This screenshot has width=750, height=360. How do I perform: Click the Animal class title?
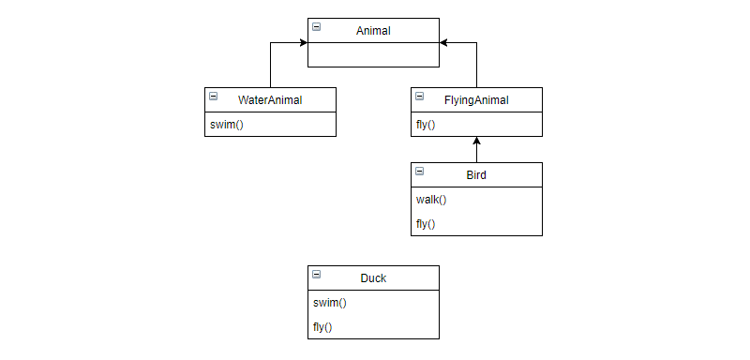373,31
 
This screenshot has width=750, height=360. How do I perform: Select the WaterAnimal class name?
270,100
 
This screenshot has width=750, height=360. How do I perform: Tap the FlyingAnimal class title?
476,100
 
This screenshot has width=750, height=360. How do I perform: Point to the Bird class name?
476,175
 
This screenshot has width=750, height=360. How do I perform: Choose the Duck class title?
373,278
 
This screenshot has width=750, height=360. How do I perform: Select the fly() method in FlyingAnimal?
426,125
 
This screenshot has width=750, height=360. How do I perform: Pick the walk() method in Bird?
431,200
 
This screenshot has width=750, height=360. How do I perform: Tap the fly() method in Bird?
426,224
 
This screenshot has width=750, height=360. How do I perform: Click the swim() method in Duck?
330,303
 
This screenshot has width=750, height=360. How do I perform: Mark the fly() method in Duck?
322,327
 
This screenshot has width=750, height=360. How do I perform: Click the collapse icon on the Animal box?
316,27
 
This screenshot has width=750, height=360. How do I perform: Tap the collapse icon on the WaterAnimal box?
213,97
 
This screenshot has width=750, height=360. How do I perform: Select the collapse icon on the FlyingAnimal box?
419,97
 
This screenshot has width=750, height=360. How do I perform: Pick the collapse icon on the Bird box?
419,172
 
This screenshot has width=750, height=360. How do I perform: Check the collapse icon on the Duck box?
316,275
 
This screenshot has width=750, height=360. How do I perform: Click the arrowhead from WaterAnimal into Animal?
303,42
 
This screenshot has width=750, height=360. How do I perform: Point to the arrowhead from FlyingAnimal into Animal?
444,42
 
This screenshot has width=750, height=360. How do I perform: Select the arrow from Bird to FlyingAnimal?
476,150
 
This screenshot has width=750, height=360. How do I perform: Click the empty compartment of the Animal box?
373,54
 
